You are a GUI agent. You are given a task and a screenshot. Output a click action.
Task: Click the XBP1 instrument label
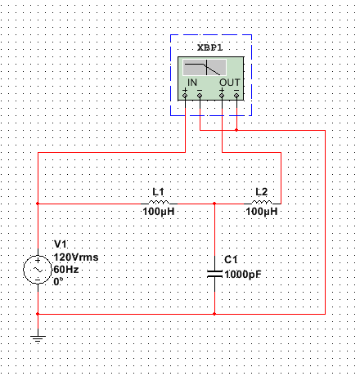point(210,47)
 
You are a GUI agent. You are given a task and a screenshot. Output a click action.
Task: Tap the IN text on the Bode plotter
point(192,83)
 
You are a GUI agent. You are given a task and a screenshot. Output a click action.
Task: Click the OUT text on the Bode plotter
point(230,83)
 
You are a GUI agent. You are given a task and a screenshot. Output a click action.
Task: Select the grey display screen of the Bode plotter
point(205,67)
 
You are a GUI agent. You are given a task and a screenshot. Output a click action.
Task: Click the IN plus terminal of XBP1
point(185,96)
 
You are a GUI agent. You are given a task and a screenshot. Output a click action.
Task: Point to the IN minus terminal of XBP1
point(200,96)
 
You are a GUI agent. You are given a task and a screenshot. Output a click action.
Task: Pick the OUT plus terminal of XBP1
point(222,96)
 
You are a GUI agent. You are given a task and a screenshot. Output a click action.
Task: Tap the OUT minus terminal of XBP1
point(236,96)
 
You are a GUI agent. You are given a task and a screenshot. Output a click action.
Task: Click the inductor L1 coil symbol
point(159,203)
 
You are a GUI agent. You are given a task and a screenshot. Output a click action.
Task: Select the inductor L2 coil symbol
point(262,203)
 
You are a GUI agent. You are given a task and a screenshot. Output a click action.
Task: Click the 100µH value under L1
point(159,212)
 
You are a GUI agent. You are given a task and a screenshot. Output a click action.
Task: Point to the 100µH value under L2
point(262,212)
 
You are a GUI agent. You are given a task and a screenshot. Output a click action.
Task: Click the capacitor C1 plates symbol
point(214,274)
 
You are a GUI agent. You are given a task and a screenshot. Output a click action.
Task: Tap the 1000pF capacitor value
point(243,275)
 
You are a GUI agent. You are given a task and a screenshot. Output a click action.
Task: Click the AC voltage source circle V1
point(38,270)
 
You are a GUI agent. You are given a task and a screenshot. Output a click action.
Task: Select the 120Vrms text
point(76,257)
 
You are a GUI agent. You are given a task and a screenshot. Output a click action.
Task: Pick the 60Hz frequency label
point(66,270)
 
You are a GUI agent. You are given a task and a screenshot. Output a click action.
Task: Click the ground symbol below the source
point(38,339)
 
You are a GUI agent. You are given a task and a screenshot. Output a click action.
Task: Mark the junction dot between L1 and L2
point(214,204)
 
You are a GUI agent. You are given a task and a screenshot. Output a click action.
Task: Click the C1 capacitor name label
point(231,260)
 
